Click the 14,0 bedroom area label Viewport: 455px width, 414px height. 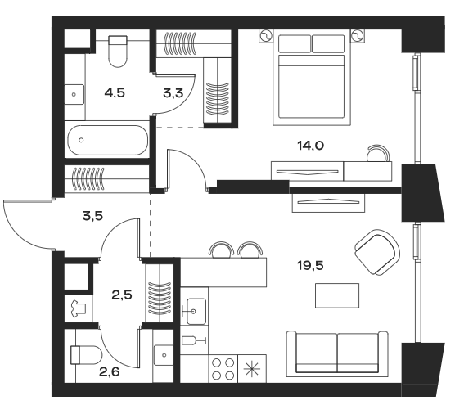(x=310, y=146)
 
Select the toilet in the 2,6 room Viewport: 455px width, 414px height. (x=84, y=354)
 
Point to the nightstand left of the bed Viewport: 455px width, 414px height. (x=265, y=35)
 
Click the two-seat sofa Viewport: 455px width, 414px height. (x=336, y=352)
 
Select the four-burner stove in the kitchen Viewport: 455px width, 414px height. (x=223, y=369)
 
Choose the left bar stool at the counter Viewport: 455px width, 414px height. (x=219, y=249)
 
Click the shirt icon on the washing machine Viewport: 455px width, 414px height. (x=79, y=309)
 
